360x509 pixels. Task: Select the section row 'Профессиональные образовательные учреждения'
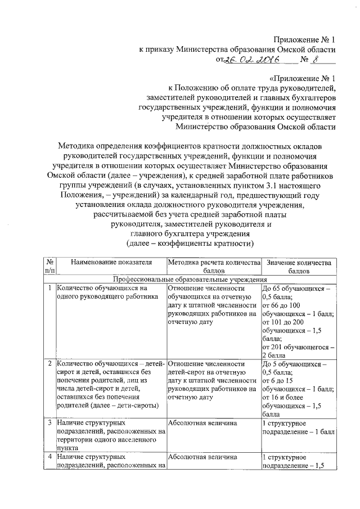pos(190,279)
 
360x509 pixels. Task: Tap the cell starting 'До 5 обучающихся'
pos(299,388)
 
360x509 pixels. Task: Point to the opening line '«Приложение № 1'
pos(301,79)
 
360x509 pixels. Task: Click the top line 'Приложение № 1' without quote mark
pos(304,39)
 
